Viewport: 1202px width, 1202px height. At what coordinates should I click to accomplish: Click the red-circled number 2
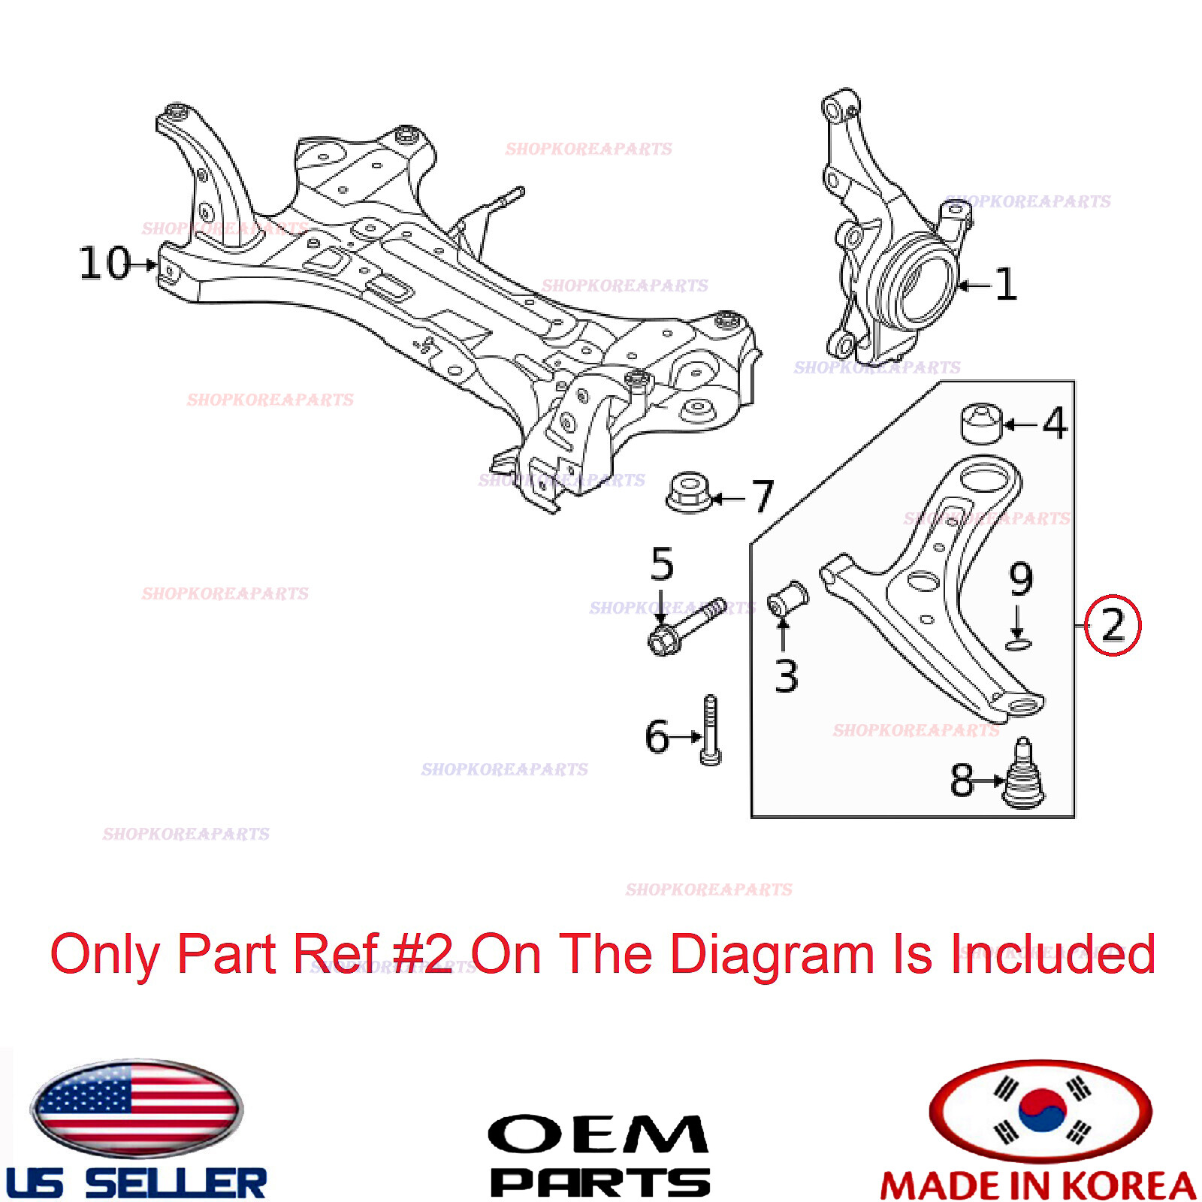pyautogui.click(x=1113, y=624)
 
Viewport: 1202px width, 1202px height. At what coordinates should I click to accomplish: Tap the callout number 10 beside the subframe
pyautogui.click(x=105, y=264)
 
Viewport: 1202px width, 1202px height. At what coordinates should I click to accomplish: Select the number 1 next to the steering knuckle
pyautogui.click(x=1006, y=285)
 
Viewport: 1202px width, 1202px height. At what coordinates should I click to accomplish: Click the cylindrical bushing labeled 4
pyautogui.click(x=982, y=424)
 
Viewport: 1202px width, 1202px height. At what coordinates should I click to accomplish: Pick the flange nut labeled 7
pyautogui.click(x=689, y=493)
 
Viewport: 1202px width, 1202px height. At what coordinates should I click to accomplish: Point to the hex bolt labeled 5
pyautogui.click(x=684, y=624)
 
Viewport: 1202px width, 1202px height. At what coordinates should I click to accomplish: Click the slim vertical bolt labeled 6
pyautogui.click(x=711, y=730)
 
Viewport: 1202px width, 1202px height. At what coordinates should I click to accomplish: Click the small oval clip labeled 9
pyautogui.click(x=1019, y=644)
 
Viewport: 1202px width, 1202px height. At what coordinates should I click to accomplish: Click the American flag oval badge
pyautogui.click(x=136, y=1109)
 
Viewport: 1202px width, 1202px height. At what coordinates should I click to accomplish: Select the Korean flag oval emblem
pyautogui.click(x=1040, y=1110)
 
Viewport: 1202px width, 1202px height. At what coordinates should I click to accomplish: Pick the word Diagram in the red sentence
pyautogui.click(x=771, y=954)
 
